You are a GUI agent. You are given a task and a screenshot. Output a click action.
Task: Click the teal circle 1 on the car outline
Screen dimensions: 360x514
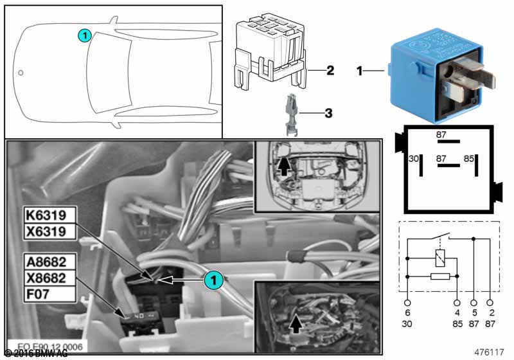[84, 36]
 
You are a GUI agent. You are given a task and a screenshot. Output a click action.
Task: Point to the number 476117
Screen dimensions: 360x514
[490, 352]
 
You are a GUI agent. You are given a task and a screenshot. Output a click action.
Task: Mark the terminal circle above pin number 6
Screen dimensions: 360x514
[407, 301]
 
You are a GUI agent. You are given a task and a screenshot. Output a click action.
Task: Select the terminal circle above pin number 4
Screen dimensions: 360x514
[457, 301]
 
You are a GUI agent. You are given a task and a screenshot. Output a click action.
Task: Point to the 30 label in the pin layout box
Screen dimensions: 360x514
[414, 158]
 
